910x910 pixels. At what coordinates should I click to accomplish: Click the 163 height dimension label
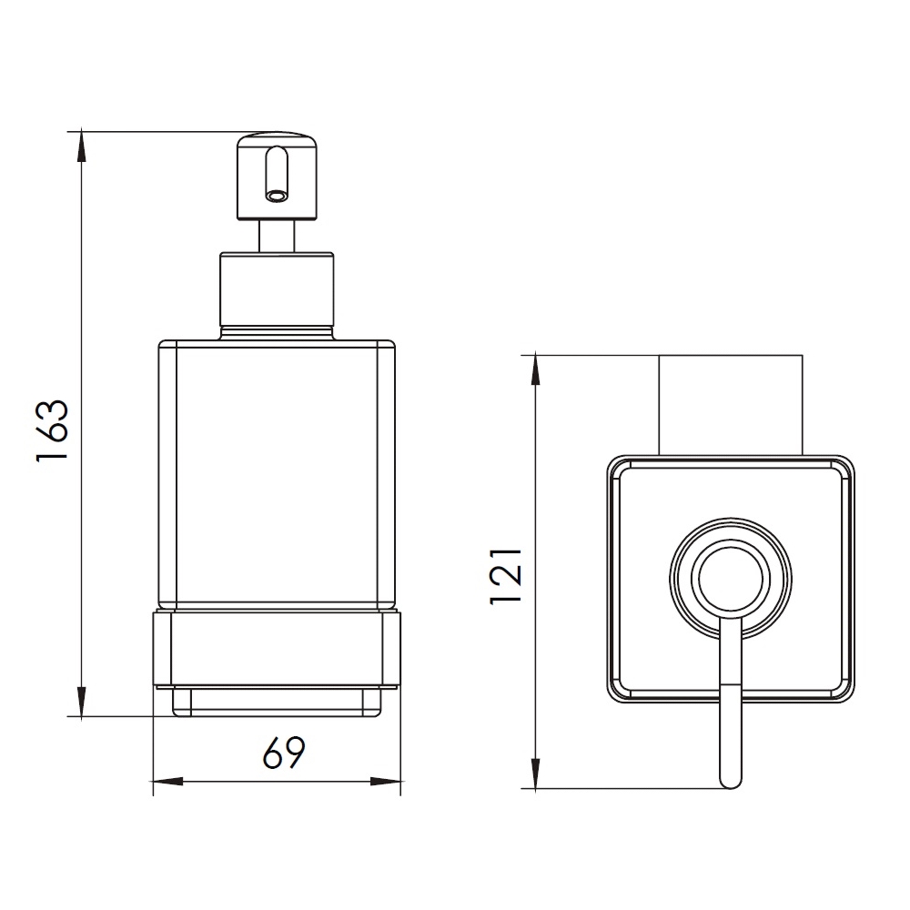point(53,430)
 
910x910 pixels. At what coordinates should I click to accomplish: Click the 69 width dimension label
point(284,753)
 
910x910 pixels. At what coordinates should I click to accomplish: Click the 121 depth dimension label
point(506,577)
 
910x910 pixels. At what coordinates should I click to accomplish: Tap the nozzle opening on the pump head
point(276,197)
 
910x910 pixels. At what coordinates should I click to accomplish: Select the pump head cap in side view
point(277,177)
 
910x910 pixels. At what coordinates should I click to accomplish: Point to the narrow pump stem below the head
point(277,237)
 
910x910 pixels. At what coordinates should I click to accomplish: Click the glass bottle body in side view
point(277,476)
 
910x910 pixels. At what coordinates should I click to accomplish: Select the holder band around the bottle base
point(277,650)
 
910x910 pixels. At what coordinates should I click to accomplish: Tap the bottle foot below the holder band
point(277,703)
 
